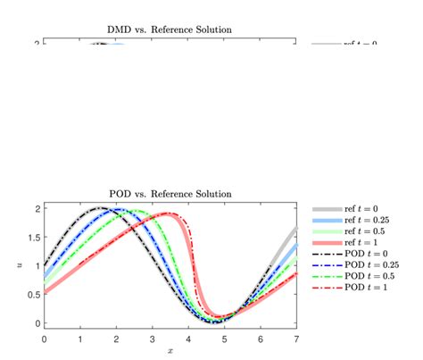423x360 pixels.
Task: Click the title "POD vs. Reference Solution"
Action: click(x=170, y=194)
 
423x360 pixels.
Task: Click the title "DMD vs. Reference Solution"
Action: click(x=170, y=29)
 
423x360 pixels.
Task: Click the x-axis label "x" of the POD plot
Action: click(x=170, y=351)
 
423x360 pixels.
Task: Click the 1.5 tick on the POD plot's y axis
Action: click(x=34, y=238)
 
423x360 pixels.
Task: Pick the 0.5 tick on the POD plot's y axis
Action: click(x=34, y=295)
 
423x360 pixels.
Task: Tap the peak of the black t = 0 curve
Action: click(x=99, y=208)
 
